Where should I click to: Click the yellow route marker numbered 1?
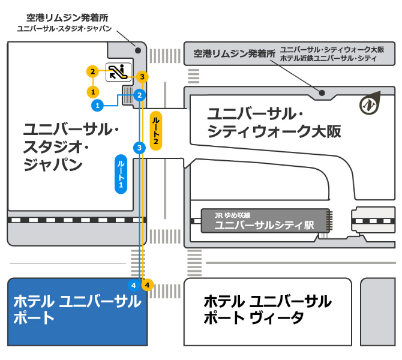click(x=92, y=92)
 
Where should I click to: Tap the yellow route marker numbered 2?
click(x=92, y=72)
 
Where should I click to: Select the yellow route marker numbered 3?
click(x=142, y=77)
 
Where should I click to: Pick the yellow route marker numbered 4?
click(x=147, y=284)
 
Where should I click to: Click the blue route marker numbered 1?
click(x=96, y=106)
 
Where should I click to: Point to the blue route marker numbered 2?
click(x=139, y=95)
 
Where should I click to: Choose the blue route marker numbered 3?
click(x=139, y=148)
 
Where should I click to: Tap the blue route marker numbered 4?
click(x=134, y=284)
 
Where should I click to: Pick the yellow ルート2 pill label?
click(x=155, y=130)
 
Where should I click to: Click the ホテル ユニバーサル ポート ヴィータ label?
click(x=267, y=309)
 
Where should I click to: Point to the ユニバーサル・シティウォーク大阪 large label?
click(x=274, y=122)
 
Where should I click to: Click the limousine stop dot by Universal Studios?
click(x=137, y=50)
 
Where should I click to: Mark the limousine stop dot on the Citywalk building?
click(x=323, y=92)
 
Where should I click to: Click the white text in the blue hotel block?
click(x=77, y=309)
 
